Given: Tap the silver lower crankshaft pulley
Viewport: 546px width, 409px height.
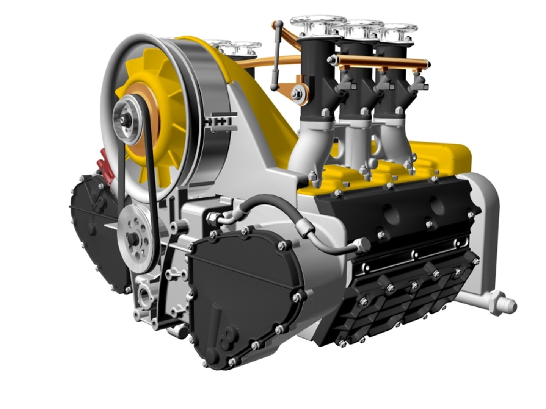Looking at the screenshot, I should (136, 239).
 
